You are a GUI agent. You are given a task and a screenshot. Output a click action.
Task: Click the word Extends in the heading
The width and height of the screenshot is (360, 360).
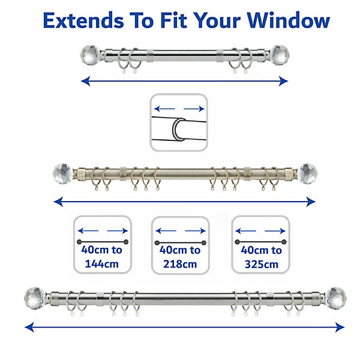pos(83,20)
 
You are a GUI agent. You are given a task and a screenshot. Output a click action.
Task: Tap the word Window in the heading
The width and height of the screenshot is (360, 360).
pos(289,20)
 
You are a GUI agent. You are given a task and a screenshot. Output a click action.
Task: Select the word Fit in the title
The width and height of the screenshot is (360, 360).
pos(173,20)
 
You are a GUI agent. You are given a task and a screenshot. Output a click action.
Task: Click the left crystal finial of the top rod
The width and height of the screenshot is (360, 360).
pos(91,55)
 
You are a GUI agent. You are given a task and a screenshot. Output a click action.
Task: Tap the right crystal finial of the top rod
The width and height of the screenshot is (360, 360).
pos(280,55)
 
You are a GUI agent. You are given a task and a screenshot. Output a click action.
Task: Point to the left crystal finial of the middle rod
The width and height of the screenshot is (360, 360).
pos(62,173)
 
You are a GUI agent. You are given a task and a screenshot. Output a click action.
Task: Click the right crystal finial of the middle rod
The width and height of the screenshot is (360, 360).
pos(308,173)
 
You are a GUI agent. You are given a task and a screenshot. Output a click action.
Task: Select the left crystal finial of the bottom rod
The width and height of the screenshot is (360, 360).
pos(35,298)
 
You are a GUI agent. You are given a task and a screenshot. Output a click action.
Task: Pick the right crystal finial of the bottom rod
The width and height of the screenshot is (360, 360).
pos(336,298)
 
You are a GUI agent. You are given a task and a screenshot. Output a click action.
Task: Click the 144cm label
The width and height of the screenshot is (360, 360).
pos(102,264)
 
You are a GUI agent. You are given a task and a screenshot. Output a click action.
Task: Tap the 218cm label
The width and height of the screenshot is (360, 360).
pos(180,264)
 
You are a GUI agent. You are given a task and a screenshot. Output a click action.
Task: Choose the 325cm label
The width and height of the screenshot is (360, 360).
pos(262,264)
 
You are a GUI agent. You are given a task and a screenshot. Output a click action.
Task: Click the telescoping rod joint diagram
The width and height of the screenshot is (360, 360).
pos(179,122)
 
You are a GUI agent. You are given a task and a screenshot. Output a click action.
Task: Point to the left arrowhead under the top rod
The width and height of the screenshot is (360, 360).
pos(85,81)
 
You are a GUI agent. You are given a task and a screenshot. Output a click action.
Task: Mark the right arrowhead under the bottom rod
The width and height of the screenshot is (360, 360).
pos(340,327)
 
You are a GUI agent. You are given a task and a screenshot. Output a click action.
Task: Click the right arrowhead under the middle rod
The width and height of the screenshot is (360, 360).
pos(311,202)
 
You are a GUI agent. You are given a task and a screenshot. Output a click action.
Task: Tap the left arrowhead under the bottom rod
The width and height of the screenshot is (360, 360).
pos(29,327)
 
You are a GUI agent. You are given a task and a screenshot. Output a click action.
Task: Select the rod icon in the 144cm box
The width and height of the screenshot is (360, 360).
pos(103,242)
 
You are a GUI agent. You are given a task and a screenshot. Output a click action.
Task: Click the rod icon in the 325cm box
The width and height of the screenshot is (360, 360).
pos(261,242)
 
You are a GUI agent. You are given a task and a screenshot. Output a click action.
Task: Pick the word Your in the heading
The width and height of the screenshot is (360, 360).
pos(217,20)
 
